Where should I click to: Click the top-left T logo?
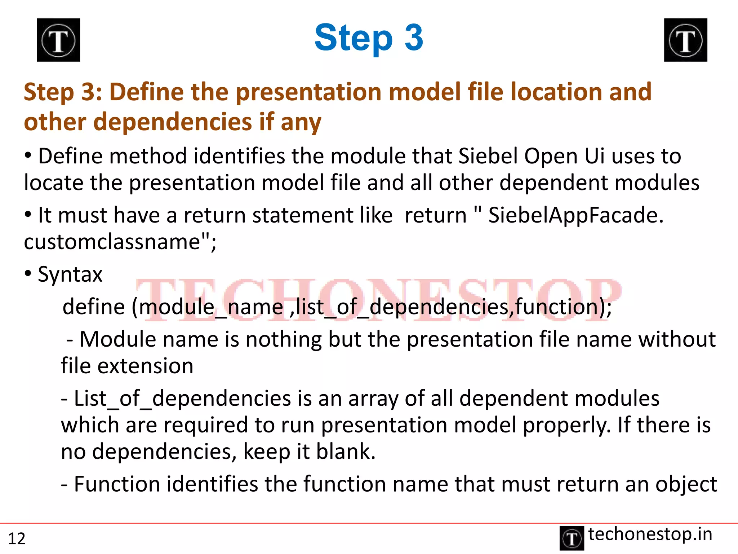(x=58, y=40)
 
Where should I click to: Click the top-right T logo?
(x=685, y=40)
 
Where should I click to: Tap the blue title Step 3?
(x=368, y=38)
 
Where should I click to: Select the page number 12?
(x=17, y=538)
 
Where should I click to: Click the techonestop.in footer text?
(x=650, y=534)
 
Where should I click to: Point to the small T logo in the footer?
(x=572, y=538)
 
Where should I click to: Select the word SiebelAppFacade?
(x=575, y=215)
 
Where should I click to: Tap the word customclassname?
(x=112, y=242)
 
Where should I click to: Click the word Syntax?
(x=70, y=274)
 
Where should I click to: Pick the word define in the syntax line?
(x=94, y=307)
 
